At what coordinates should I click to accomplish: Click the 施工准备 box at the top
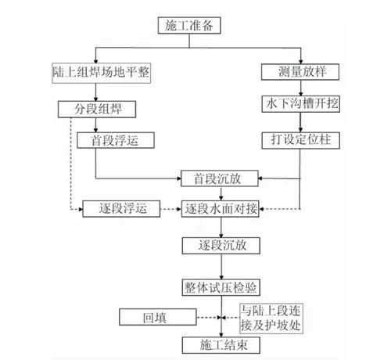point(189,25)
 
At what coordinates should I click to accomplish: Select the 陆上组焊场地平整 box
point(101,73)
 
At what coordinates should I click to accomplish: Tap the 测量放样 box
point(300,72)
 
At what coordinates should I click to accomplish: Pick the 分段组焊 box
point(97,110)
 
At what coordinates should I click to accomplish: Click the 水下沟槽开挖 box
point(301,104)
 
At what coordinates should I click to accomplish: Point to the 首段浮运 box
point(116,140)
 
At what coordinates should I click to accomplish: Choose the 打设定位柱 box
point(301,141)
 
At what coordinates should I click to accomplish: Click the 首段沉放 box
point(220,178)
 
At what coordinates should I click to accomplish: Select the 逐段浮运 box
point(121,209)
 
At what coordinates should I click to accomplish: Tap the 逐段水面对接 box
point(221,209)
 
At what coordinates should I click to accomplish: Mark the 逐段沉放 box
point(221,246)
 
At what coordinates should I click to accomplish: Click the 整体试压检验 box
point(221,287)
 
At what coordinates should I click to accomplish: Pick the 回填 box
point(158,317)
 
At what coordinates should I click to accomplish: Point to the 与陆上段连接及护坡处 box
point(271,319)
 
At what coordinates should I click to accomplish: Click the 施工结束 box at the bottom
point(221,345)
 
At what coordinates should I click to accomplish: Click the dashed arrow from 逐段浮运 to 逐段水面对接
point(170,209)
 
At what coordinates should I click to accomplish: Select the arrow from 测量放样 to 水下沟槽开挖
point(300,88)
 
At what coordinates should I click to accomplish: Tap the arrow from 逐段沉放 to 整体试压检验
point(221,267)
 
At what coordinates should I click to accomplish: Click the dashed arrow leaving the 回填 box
point(209,318)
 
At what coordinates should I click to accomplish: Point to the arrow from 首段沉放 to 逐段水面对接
point(221,193)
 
